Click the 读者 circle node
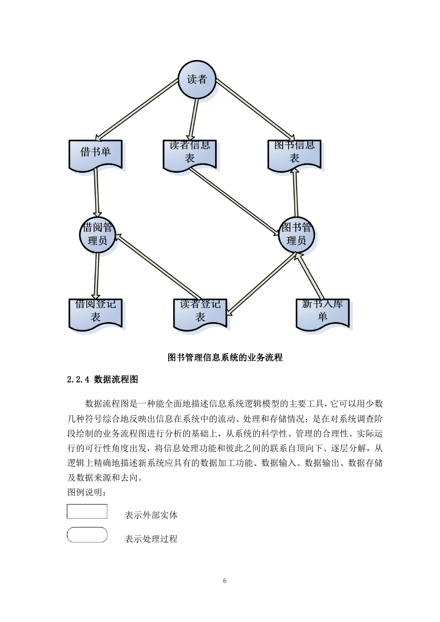click(x=197, y=80)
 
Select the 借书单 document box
click(x=96, y=154)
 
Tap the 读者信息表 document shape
click(x=189, y=154)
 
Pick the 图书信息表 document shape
click(x=294, y=154)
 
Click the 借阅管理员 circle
click(x=97, y=235)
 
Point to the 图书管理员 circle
click(x=296, y=235)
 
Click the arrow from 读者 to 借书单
click(x=136, y=110)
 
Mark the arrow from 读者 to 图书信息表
click(x=255, y=110)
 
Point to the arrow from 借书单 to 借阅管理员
click(x=97, y=192)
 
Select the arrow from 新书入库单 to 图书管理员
click(x=309, y=276)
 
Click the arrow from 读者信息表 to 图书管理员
click(x=234, y=201)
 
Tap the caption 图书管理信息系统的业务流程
click(x=225, y=358)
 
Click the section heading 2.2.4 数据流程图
click(x=102, y=379)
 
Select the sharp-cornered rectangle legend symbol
click(x=87, y=511)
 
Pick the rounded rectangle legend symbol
click(x=87, y=534)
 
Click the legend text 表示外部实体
click(x=151, y=515)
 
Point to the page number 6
click(x=225, y=580)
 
